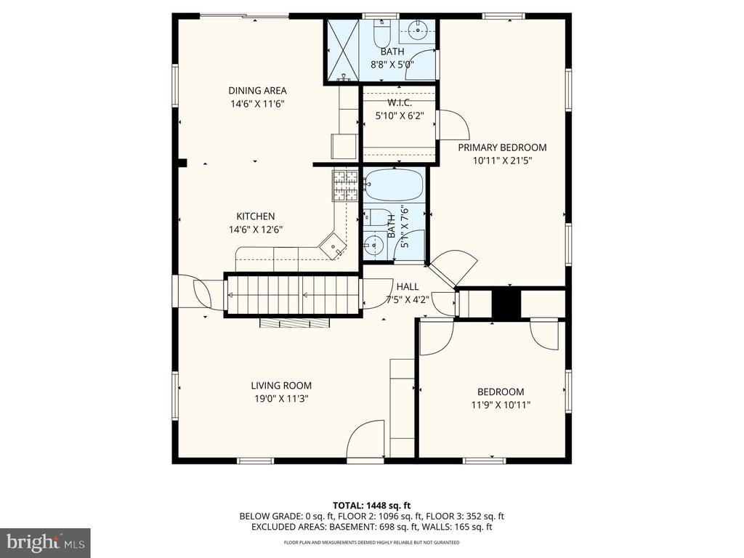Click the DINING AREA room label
click(257, 91)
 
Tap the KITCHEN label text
click(256, 217)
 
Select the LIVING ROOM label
click(281, 386)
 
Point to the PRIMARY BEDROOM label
click(502, 147)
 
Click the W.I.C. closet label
click(400, 102)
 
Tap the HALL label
click(408, 286)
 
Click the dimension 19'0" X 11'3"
click(281, 399)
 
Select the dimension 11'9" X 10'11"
click(501, 405)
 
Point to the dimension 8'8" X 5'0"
click(392, 65)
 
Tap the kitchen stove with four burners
click(345, 185)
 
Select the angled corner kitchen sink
click(333, 246)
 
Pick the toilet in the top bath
click(381, 32)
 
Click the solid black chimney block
click(506, 304)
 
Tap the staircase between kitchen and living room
click(291, 295)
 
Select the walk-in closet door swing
click(453, 125)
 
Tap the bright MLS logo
click(45, 542)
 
